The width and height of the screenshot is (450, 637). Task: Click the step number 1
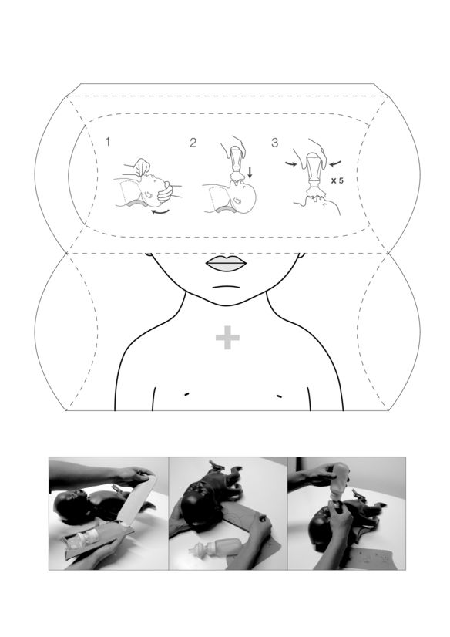[x=108, y=142]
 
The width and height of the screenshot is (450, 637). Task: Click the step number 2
[x=193, y=143]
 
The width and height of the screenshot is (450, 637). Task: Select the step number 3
[x=275, y=143]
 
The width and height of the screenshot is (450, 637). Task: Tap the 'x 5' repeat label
[x=337, y=180]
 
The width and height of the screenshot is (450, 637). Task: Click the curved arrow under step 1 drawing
[x=160, y=213]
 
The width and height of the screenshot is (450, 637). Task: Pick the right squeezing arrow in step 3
[x=335, y=163]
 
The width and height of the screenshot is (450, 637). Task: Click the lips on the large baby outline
[x=227, y=264]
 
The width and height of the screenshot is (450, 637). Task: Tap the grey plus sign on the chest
[x=227, y=337]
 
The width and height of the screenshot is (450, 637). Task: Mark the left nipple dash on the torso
[x=186, y=393]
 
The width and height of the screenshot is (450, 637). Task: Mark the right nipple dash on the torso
[x=279, y=395]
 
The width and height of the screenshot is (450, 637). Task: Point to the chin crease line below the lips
[x=226, y=286]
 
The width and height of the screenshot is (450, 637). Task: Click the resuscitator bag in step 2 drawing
[x=236, y=163]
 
